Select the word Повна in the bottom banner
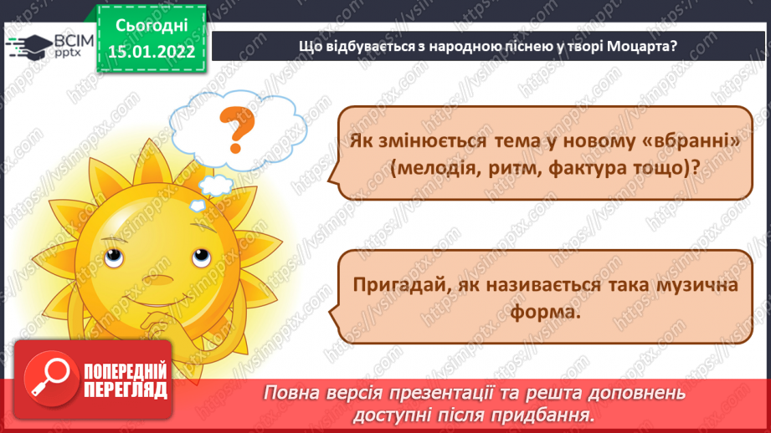(294, 393)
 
